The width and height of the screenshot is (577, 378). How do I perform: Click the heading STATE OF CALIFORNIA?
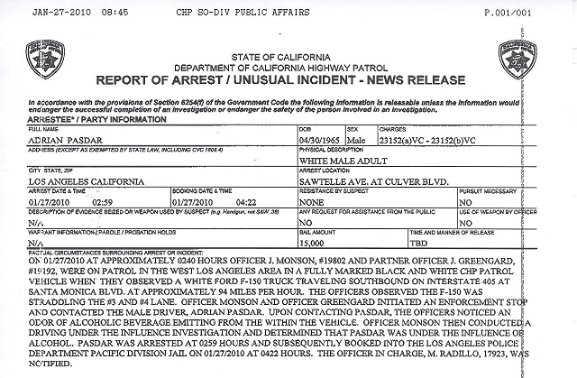pyautogui.click(x=289, y=56)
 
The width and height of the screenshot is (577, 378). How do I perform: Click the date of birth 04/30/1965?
pyautogui.click(x=313, y=142)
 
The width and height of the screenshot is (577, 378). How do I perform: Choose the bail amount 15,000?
pyautogui.click(x=312, y=243)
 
